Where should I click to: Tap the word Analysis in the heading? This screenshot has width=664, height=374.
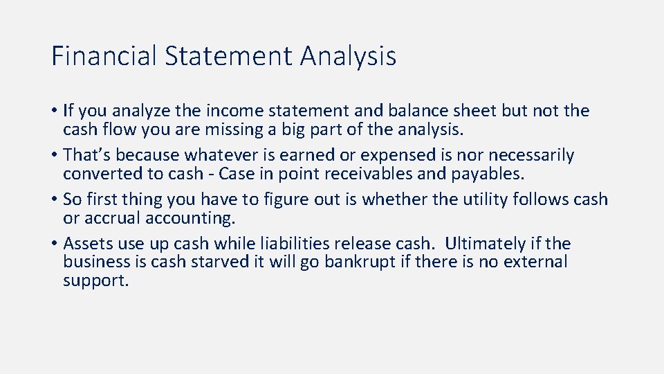click(348, 55)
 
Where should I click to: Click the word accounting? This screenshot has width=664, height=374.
click(194, 218)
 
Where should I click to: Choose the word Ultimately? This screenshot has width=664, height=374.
click(486, 244)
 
